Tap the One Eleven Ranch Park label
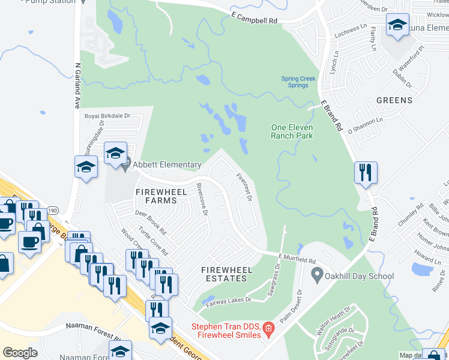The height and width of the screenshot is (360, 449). (292, 131)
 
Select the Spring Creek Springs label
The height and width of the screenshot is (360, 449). (295, 82)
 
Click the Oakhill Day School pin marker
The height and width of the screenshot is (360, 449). (317, 276)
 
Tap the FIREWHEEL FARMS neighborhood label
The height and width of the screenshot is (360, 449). (156, 196)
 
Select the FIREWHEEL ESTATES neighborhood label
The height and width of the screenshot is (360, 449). (224, 274)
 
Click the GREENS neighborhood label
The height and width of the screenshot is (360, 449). (394, 100)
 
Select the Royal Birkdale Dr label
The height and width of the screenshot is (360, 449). (107, 116)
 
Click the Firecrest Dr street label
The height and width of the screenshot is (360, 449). (243, 187)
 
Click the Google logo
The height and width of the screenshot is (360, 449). (20, 352)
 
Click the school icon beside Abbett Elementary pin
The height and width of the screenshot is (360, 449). (115, 153)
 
